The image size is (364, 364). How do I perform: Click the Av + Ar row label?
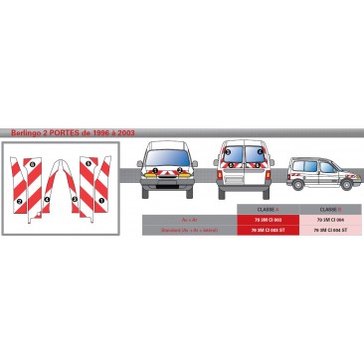(x=189, y=219)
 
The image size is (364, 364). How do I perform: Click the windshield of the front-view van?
(x=167, y=155)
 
